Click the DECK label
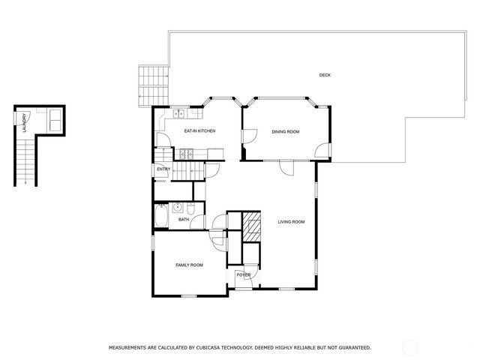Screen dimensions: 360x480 [x=325, y=75]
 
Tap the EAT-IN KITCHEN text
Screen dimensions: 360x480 [x=199, y=131]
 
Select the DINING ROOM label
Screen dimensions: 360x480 [x=285, y=132]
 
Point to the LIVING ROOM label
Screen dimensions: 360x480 [x=291, y=221]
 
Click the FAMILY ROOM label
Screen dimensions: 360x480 [x=189, y=265]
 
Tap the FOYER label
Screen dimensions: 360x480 [x=244, y=275]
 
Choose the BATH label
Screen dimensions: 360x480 [x=183, y=220]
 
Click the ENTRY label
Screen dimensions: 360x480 [x=163, y=169]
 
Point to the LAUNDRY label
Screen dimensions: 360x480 [x=25, y=122]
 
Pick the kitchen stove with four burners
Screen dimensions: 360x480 [x=184, y=154]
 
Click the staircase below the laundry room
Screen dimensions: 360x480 [x=25, y=161]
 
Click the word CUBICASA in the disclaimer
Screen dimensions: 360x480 [x=215, y=348]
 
